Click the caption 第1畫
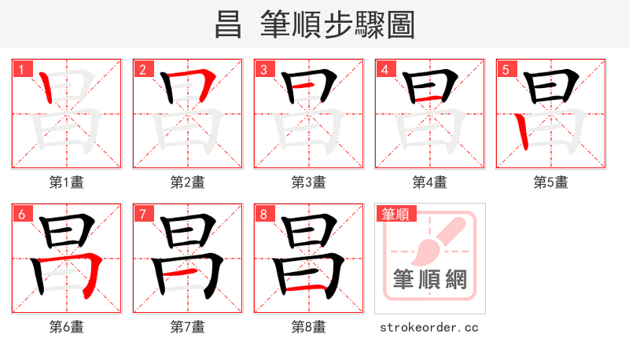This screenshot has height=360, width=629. pyautogui.click(x=67, y=182)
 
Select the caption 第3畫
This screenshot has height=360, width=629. pyautogui.click(x=309, y=182)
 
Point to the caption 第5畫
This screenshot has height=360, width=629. pyautogui.click(x=551, y=182)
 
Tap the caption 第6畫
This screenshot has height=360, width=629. pyautogui.click(x=67, y=326)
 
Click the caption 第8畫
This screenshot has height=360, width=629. pyautogui.click(x=309, y=326)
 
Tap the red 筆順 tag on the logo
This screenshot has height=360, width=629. pyautogui.click(x=395, y=214)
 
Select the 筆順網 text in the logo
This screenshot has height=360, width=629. pyautogui.click(x=430, y=279)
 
